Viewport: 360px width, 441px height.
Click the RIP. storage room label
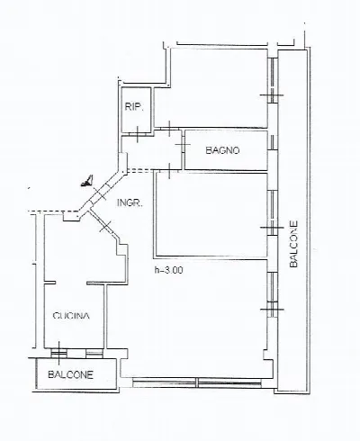(134, 107)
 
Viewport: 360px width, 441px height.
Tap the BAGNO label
(222, 150)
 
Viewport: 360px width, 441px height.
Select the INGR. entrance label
(130, 203)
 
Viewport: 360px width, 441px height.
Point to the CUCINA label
(71, 316)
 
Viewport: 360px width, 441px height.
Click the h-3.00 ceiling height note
(168, 270)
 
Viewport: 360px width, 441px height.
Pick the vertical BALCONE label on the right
(293, 244)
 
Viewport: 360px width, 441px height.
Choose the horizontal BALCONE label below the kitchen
(71, 374)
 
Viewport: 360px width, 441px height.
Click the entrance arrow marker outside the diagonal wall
(87, 181)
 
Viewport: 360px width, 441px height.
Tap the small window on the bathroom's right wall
(273, 142)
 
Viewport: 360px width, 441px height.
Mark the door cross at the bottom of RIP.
(138, 134)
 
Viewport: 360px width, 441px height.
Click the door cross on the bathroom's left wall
(183, 145)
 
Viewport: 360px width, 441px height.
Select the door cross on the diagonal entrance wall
(100, 194)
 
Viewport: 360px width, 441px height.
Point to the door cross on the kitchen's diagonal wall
(105, 226)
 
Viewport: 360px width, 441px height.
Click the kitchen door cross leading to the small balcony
(58, 352)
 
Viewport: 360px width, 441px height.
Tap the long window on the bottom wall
(197, 382)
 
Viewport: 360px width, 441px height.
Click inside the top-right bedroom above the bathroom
(211, 87)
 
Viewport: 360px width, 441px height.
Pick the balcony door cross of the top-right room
(272, 95)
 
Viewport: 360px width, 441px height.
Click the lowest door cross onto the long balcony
(273, 309)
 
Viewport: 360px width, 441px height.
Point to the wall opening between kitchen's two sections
(71, 283)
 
